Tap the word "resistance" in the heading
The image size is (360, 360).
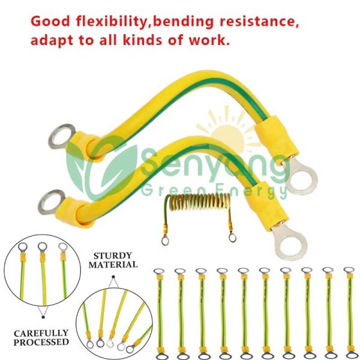click(x=259, y=22)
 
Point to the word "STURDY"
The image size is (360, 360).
click(x=113, y=256)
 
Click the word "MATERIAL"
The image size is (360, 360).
click(x=113, y=265)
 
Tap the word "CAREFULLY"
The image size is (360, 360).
click(x=41, y=333)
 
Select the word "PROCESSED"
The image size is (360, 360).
click(x=41, y=342)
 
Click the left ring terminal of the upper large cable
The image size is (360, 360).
click(x=62, y=136)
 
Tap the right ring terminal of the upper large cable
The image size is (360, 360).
click(x=301, y=175)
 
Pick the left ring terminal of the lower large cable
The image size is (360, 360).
click(x=51, y=202)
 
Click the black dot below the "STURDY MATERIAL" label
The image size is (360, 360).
click(x=113, y=277)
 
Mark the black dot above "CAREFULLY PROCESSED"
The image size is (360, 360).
click(x=43, y=317)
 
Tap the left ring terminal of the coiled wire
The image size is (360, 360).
click(x=165, y=241)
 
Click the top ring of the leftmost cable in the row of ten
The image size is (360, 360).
click(x=159, y=271)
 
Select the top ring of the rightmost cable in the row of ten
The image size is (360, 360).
click(x=349, y=270)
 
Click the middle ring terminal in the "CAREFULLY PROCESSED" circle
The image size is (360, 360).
click(x=43, y=247)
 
